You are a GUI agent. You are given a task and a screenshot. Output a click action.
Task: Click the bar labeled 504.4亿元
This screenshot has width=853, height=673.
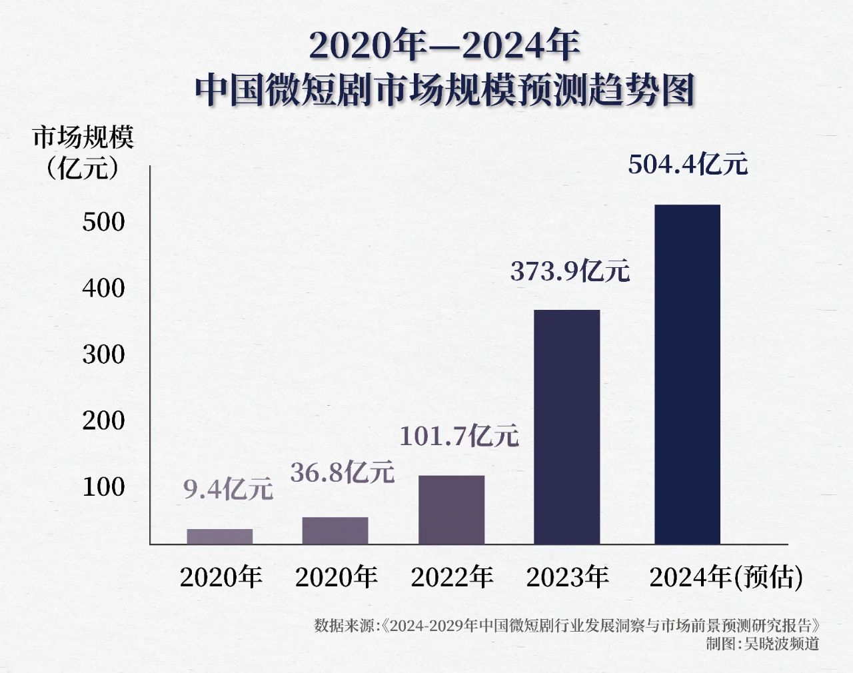[687, 374]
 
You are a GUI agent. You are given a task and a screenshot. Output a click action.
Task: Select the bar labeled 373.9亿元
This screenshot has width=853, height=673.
[566, 426]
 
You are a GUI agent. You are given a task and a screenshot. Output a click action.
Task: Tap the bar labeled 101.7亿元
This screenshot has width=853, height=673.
[451, 509]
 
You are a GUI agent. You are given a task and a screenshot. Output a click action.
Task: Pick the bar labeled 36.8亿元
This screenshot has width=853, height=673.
[335, 530]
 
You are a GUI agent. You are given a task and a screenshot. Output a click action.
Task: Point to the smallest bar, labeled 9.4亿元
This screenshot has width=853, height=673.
[219, 536]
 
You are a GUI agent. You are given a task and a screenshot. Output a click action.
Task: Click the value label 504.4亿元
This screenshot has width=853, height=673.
[688, 164]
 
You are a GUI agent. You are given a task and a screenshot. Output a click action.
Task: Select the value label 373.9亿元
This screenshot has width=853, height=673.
[570, 271]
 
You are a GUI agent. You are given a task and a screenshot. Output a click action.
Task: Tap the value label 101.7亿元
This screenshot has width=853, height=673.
[458, 436]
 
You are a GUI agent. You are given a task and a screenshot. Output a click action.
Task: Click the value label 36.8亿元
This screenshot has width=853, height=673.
[343, 472]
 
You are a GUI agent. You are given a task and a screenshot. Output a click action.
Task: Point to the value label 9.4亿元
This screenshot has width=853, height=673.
[228, 490]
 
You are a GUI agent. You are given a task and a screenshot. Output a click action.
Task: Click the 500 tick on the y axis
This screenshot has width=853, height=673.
[104, 222]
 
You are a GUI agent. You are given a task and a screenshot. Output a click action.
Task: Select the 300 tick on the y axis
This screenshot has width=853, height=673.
[104, 354]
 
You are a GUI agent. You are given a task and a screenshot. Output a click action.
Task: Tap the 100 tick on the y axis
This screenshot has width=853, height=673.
[104, 487]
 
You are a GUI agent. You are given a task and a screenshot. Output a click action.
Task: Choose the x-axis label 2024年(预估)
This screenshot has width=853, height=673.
[726, 577]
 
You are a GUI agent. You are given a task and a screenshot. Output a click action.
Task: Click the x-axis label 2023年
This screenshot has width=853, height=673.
[567, 577]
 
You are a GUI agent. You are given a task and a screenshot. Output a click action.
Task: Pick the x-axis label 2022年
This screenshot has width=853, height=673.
[452, 577]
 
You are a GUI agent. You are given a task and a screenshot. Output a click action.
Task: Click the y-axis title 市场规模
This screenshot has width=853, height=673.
[83, 138]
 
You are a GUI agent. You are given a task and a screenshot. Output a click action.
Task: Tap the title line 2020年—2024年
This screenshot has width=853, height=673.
[444, 45]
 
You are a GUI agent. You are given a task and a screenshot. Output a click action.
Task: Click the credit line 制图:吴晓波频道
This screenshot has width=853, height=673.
[762, 644]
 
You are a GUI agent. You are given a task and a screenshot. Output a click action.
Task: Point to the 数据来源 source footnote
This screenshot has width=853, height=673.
[566, 626]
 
